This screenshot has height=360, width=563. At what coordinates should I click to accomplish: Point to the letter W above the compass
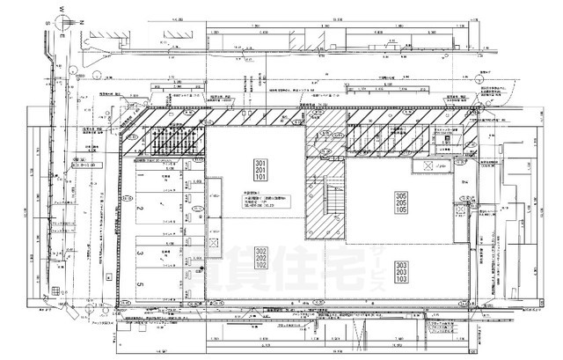coord(64,11)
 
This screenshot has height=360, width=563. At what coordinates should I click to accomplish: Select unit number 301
coord(260,165)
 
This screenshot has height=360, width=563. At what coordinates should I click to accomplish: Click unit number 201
coord(260,173)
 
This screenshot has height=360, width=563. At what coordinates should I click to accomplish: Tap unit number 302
coord(260,250)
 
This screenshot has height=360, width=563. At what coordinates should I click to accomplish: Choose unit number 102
coord(260,265)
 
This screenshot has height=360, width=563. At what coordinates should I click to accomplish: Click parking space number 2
coord(139,209)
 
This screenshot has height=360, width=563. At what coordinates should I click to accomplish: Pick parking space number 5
coord(139,284)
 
